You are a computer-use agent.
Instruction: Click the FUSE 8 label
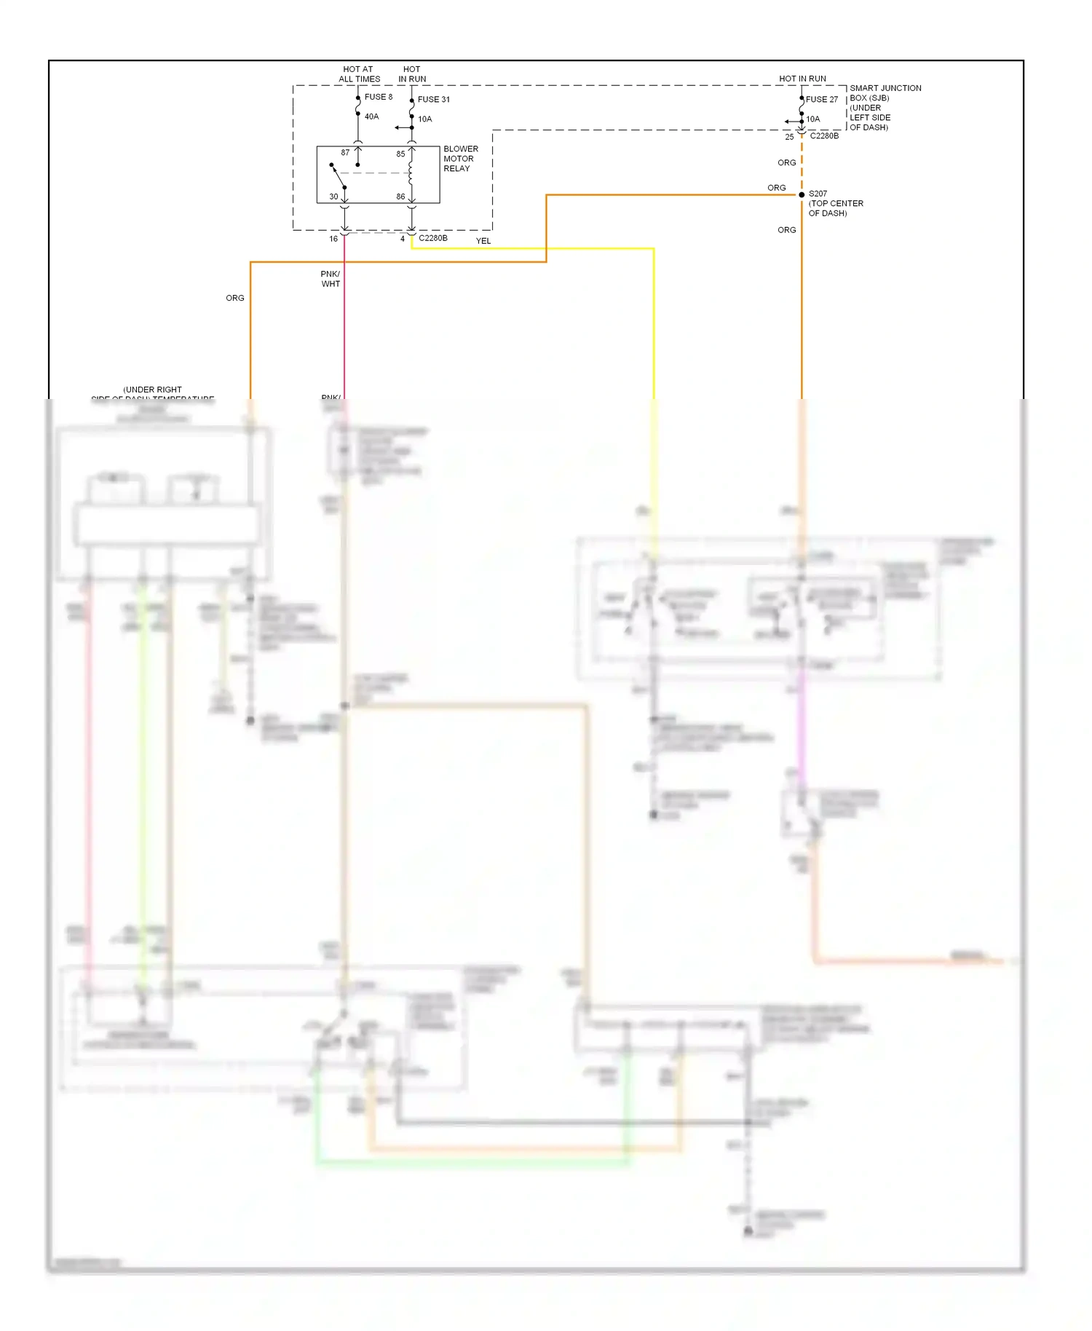[x=378, y=97]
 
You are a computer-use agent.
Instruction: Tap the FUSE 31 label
[x=433, y=100]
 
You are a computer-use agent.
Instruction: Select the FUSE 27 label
[x=822, y=100]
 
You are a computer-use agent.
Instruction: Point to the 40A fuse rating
[x=371, y=116]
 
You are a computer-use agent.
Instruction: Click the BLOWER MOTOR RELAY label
[x=460, y=159]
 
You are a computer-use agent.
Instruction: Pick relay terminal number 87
[x=345, y=153]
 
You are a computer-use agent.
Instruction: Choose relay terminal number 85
[x=400, y=154]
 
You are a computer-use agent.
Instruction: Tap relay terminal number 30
[x=333, y=197]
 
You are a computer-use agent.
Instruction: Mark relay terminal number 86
[x=400, y=197]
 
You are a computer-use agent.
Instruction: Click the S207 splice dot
[x=802, y=195]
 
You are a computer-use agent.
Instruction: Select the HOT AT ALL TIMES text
[x=359, y=74]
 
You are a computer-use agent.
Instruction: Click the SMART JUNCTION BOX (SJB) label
[x=885, y=93]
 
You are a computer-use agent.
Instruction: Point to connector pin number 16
[x=333, y=239]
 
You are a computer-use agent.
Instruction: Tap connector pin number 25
[x=789, y=137]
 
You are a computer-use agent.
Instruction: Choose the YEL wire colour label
[x=483, y=241]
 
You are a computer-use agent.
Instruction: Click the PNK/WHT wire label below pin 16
[x=331, y=279]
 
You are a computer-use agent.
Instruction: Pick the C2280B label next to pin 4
[x=433, y=238]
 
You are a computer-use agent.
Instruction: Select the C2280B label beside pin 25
[x=824, y=136]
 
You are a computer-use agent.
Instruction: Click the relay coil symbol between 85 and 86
[x=411, y=174]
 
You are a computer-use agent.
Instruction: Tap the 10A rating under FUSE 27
[x=812, y=119]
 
